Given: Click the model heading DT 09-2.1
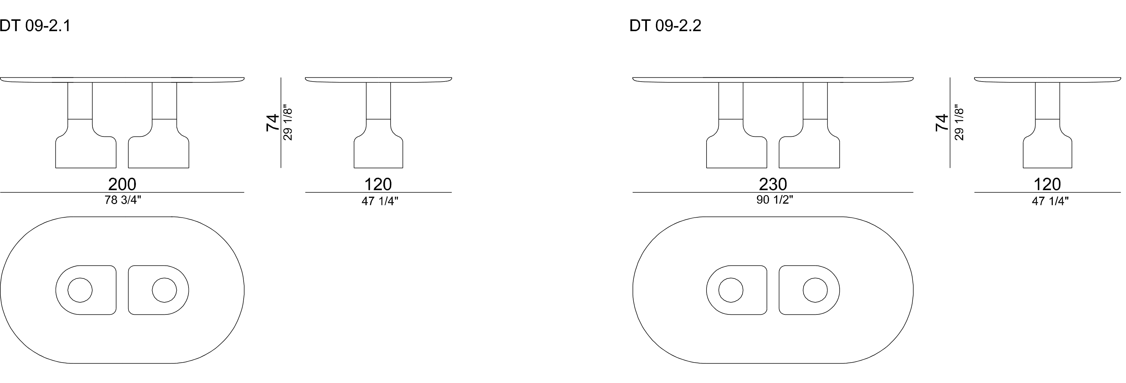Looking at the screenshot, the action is coord(35,26).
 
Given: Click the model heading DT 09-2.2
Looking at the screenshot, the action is coord(665,26).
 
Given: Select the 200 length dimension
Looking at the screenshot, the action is coord(122,184).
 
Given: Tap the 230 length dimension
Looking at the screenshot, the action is coord(773,184).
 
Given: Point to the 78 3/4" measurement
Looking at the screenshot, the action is coord(123,200).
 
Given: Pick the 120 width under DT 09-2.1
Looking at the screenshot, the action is coord(378,184).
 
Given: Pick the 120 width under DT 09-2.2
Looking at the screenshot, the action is coord(1047,184).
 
